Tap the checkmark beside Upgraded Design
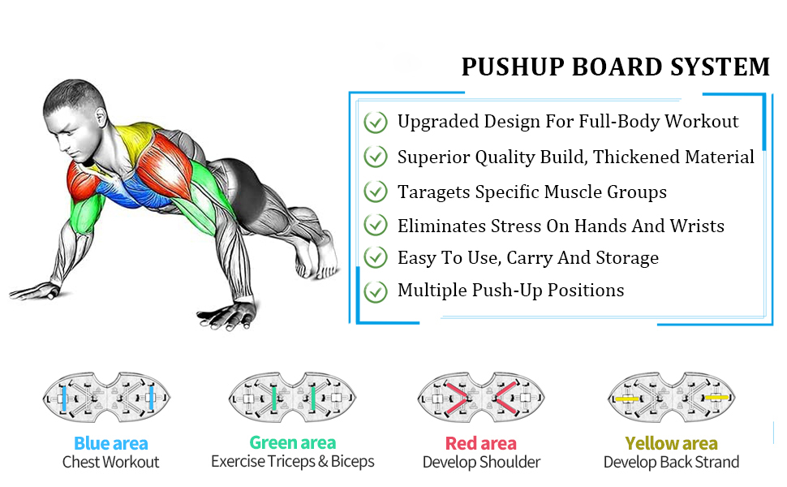click(x=376, y=122)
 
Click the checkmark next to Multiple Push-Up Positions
click(x=376, y=291)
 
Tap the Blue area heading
click(x=111, y=444)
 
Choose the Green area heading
click(x=293, y=443)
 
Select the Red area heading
click(x=481, y=444)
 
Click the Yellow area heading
click(x=671, y=444)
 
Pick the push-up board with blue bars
click(x=106, y=398)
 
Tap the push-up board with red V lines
click(x=481, y=398)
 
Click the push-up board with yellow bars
click(x=671, y=398)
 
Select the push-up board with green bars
click(x=293, y=398)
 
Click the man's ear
click(x=101, y=117)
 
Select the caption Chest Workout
click(x=111, y=462)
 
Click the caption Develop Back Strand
click(x=671, y=462)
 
